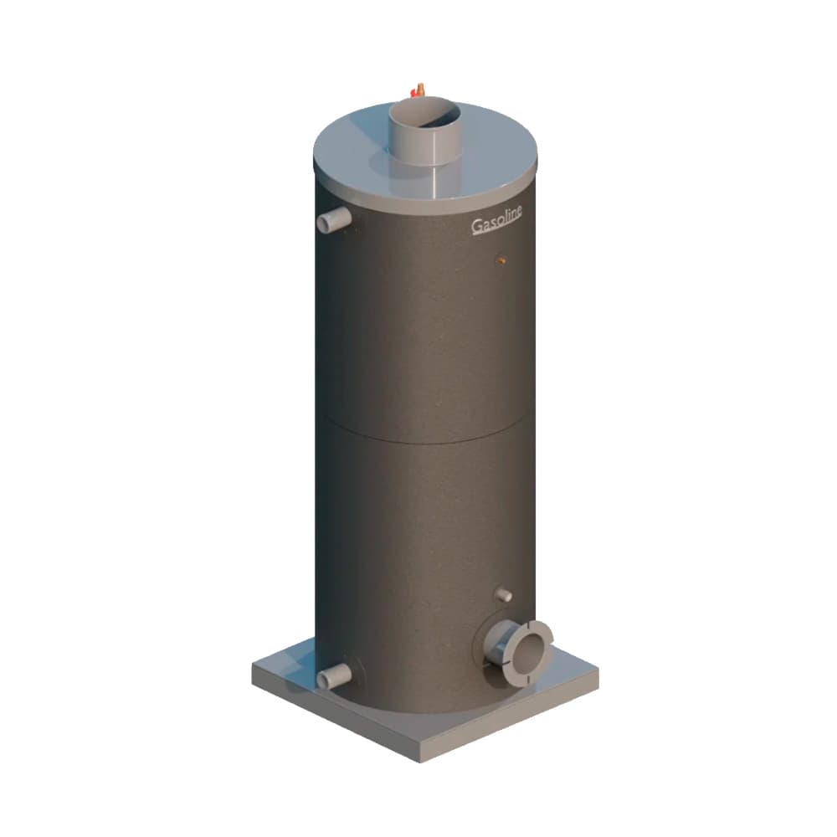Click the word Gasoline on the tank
tap(496, 220)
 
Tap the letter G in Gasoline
tap(477, 226)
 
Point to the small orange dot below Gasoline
tap(501, 260)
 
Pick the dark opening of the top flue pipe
tap(424, 113)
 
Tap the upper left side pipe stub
tap(334, 219)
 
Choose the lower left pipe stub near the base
tap(334, 677)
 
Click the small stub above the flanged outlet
tap(503, 594)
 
